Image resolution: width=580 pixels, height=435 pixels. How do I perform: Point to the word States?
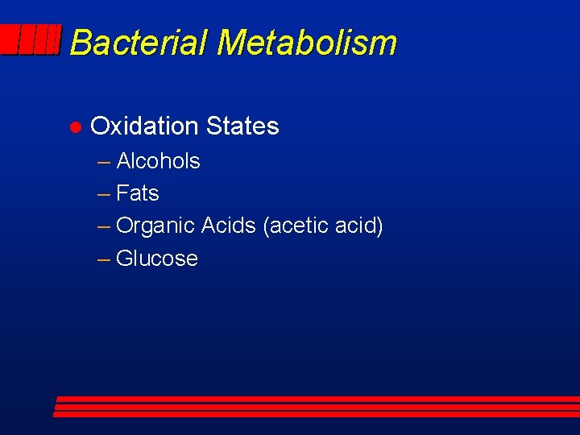[x=242, y=126]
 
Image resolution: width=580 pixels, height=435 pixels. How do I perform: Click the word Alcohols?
[x=158, y=161]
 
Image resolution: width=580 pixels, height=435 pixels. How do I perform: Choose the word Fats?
[x=138, y=193]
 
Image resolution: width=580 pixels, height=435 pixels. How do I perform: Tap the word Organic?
[x=156, y=226]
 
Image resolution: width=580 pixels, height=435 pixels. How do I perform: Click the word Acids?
[x=229, y=226]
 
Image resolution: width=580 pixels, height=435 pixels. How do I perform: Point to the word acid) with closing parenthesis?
[x=362, y=226]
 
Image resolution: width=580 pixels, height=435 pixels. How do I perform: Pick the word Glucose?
[x=157, y=259]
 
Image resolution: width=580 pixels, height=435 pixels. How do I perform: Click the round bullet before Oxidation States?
[x=73, y=127]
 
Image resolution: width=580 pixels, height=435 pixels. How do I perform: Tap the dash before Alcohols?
[x=104, y=162]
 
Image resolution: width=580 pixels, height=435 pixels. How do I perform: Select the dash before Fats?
[x=104, y=194]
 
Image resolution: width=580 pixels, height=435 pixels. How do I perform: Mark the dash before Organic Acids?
[x=104, y=226]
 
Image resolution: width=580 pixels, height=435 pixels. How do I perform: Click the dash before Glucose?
[x=104, y=259]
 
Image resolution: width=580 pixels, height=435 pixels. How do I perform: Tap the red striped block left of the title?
[x=31, y=39]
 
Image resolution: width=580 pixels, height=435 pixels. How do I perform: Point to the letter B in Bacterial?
[x=80, y=43]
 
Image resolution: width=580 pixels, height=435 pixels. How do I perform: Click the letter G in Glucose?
[x=125, y=259]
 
